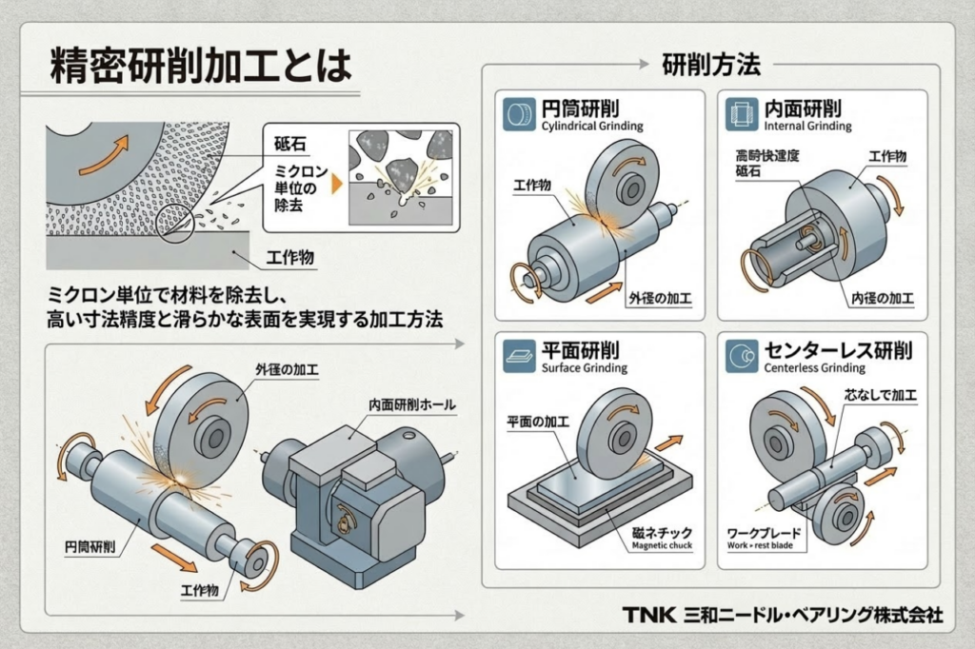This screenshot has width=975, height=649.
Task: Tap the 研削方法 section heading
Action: pos(710,66)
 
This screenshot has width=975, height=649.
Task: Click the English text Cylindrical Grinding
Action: pos(591,127)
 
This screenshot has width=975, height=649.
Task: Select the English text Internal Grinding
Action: pos(808,127)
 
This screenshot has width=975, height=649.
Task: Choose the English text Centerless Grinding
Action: pos(815,368)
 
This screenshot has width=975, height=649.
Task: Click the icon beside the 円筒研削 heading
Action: pos(519,115)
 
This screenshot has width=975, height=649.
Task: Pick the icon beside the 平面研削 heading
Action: pos(519,357)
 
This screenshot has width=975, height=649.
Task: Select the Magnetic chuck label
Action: pos(662,546)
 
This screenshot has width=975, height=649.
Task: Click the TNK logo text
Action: pos(649,616)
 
